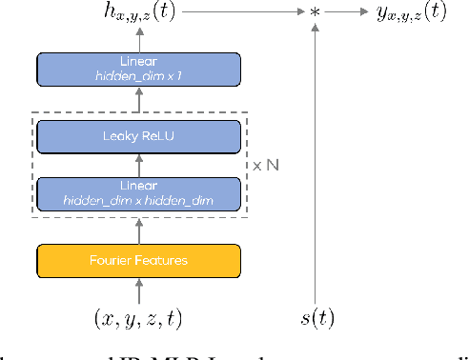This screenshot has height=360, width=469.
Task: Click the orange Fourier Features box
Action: click(138, 260)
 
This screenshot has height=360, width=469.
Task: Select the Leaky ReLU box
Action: click(138, 136)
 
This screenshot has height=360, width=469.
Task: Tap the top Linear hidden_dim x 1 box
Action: click(138, 69)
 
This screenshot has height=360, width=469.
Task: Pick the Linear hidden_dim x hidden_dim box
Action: click(138, 193)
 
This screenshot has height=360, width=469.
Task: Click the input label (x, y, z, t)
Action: click(138, 317)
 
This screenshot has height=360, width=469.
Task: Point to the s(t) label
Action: click(316, 317)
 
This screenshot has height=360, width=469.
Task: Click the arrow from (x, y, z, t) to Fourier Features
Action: click(138, 290)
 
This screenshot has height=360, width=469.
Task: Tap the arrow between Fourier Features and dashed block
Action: click(138, 230)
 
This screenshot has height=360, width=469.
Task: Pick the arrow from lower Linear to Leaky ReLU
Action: click(138, 165)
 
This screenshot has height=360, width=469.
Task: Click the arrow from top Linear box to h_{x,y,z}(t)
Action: click(138, 40)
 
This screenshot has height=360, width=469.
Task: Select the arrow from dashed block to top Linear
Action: click(138, 102)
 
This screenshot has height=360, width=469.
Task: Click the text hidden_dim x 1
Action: click(138, 75)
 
